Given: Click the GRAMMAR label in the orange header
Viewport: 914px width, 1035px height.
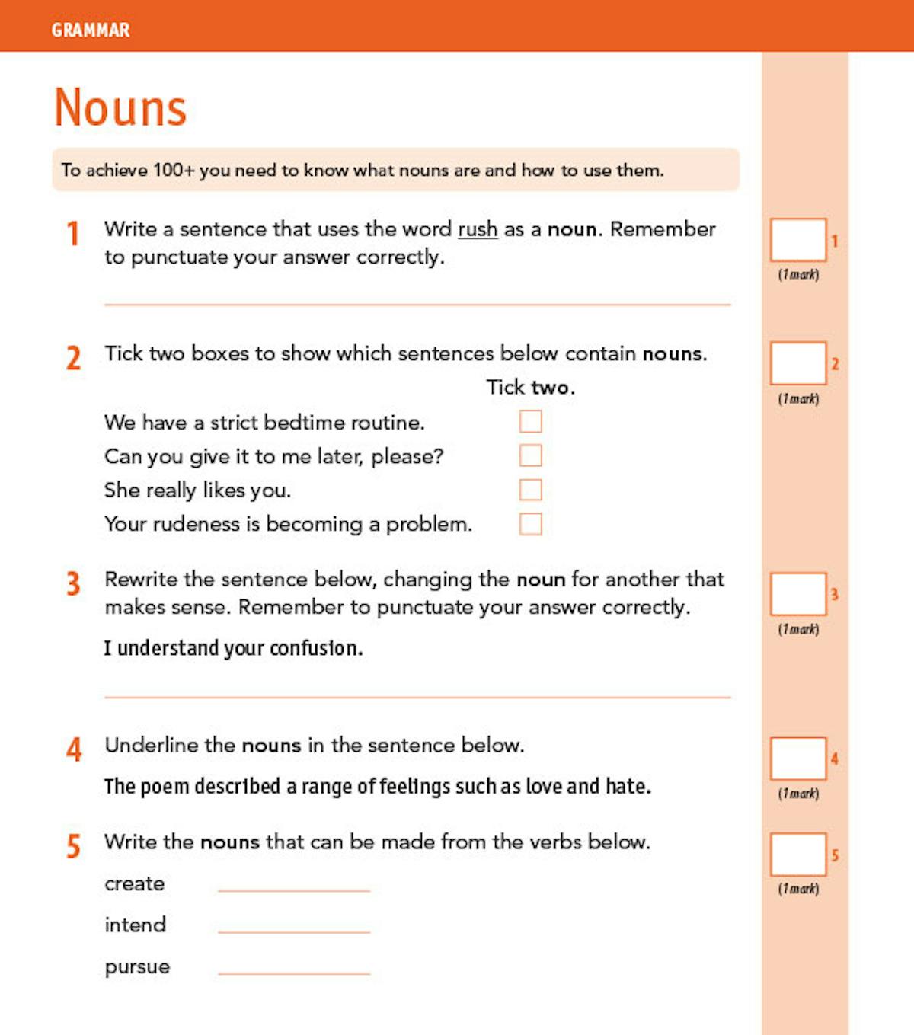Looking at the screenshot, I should pyautogui.click(x=91, y=30).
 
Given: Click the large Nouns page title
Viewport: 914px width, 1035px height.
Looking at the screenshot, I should pyautogui.click(x=120, y=107).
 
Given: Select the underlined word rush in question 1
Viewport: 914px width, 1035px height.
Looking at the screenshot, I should pyautogui.click(x=478, y=229).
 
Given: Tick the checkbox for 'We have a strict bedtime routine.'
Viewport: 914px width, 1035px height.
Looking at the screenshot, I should pyautogui.click(x=530, y=421).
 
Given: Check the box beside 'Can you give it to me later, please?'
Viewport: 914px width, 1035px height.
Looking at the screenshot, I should pyautogui.click(x=530, y=455).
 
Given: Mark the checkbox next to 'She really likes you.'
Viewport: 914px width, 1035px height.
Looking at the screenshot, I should pyautogui.click(x=530, y=490).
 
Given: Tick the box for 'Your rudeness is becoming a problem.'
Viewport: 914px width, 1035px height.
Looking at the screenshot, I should pyautogui.click(x=530, y=524).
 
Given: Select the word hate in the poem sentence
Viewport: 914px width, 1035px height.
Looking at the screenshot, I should pyautogui.click(x=627, y=786).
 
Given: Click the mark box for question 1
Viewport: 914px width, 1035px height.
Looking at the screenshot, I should pyautogui.click(x=797, y=240).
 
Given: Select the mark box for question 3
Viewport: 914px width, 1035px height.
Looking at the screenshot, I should pyautogui.click(x=797, y=594).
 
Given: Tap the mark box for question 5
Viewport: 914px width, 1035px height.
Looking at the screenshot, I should pyautogui.click(x=797, y=855).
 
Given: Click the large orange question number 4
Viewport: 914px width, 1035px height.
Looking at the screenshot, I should pyautogui.click(x=74, y=749).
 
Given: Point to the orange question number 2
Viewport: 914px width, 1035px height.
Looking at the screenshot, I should pyautogui.click(x=74, y=358).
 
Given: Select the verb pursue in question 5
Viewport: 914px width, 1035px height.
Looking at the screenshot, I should pyautogui.click(x=137, y=967).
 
